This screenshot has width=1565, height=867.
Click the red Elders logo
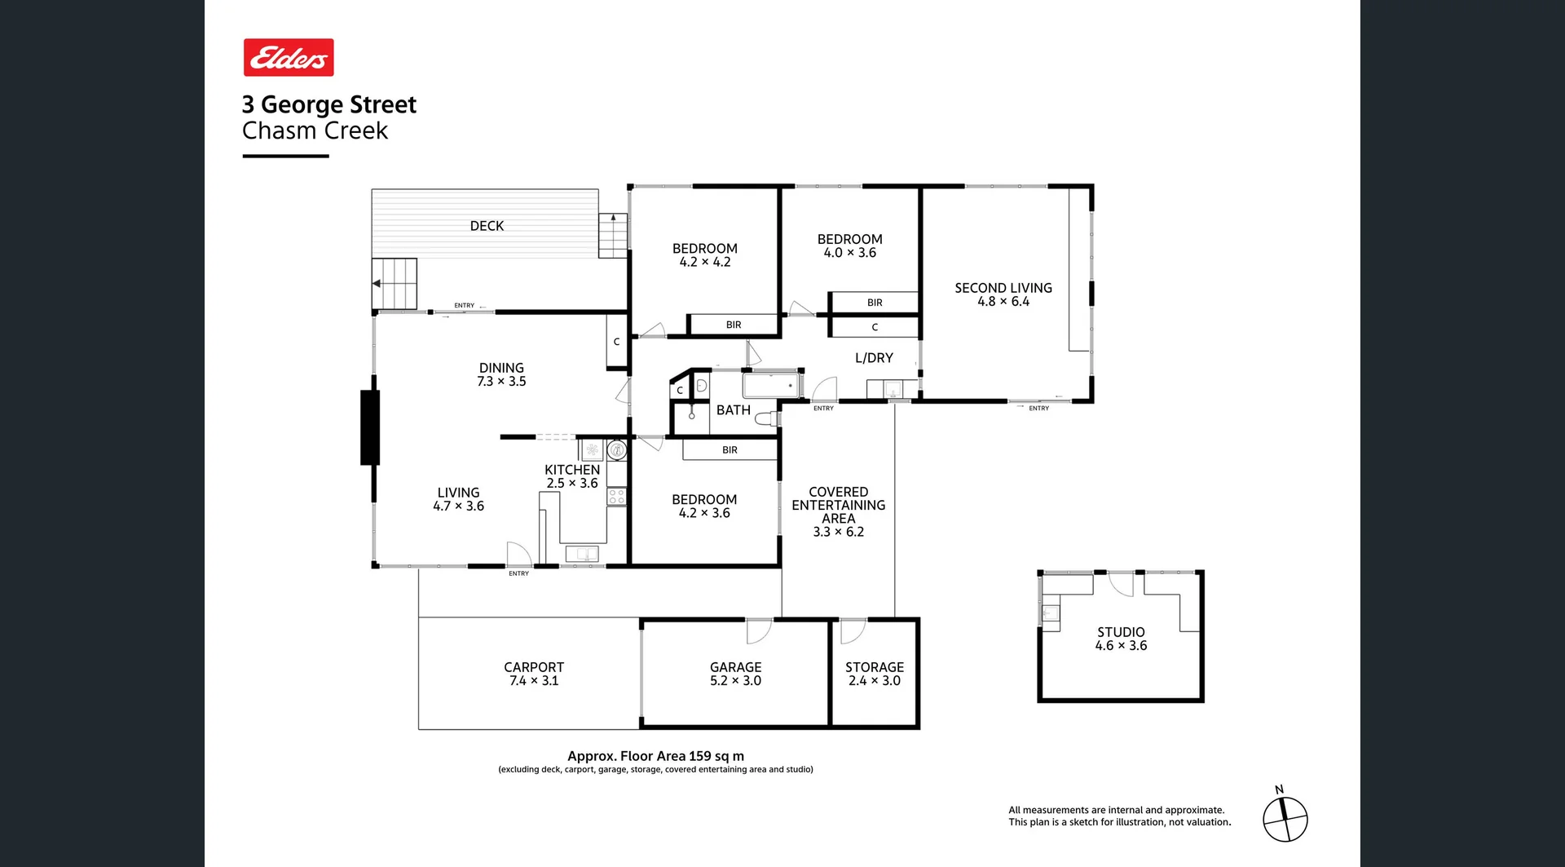(x=289, y=58)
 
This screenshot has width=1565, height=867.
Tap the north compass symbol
(x=1285, y=819)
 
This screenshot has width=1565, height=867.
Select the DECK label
(x=487, y=226)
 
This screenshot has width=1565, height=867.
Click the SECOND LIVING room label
(x=1003, y=288)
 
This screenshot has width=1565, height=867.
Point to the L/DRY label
(x=874, y=358)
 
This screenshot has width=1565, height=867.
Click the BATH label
(x=733, y=410)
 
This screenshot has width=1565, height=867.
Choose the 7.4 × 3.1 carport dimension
(x=534, y=681)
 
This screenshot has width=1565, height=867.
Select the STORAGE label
(x=874, y=667)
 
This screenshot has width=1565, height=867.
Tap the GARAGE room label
(x=735, y=667)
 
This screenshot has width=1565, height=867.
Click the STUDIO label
(x=1120, y=632)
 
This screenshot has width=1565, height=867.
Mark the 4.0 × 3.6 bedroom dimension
(x=849, y=253)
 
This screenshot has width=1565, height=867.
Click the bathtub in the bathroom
(x=771, y=385)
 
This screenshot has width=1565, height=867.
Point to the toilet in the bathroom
(x=767, y=419)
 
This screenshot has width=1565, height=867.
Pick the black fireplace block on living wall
(x=370, y=427)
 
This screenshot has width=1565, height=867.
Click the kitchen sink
(x=582, y=554)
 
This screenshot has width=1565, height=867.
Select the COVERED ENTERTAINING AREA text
(x=838, y=505)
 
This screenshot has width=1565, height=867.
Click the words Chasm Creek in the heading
(x=315, y=130)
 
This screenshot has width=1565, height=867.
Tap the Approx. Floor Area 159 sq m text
(x=655, y=756)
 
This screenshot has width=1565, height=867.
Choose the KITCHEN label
(x=571, y=470)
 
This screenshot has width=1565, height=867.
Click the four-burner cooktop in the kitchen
(x=616, y=496)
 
